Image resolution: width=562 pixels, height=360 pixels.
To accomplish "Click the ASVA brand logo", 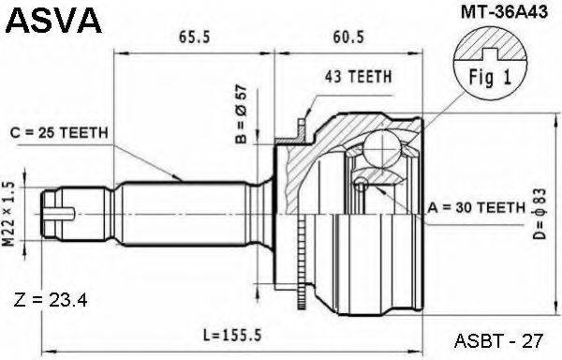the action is (x=54, y=21).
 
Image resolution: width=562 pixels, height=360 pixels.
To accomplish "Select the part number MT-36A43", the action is (x=504, y=12).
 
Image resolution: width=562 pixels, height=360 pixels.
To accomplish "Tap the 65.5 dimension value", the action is (x=194, y=37).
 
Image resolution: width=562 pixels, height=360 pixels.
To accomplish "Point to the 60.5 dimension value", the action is (x=348, y=37).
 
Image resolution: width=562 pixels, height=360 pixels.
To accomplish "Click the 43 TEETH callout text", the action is (x=358, y=76).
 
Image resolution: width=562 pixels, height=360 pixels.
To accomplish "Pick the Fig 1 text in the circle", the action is (x=490, y=77).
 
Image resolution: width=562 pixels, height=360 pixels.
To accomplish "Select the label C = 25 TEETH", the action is (x=59, y=133).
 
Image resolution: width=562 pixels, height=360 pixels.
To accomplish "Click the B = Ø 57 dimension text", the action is (x=242, y=114).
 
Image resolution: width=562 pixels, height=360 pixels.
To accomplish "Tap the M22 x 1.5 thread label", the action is (x=9, y=214).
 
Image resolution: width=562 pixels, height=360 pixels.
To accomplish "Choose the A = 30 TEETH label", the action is (x=477, y=207).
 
